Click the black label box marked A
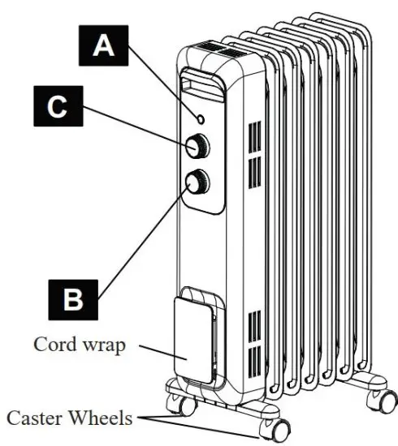103,45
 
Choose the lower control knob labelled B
197,182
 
